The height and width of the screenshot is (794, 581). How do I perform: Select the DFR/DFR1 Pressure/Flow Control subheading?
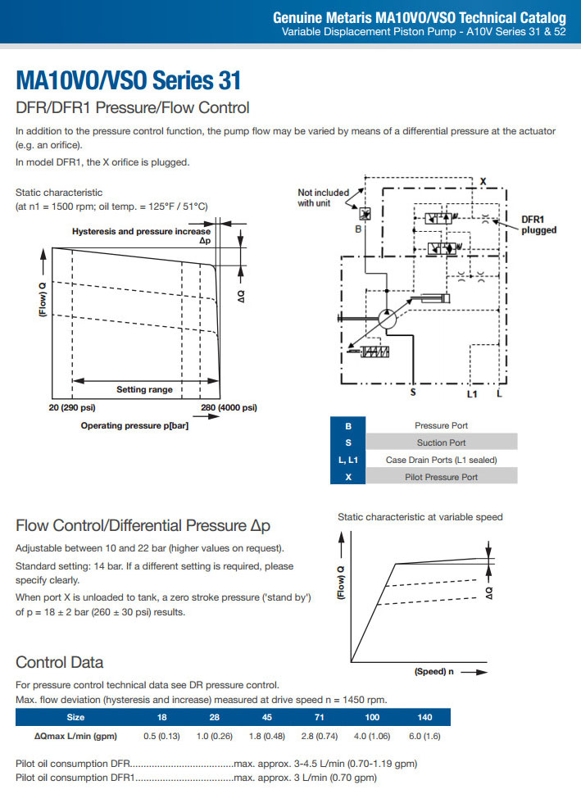pyautogui.click(x=132, y=108)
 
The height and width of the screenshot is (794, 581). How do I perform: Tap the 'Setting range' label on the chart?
pyautogui.click(x=144, y=389)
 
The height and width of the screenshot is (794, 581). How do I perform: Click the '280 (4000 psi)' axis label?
pyautogui.click(x=229, y=407)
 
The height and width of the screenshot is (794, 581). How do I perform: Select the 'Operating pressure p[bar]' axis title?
pyautogui.click(x=134, y=425)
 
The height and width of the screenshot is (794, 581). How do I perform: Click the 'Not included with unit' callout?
pyautogui.click(x=323, y=197)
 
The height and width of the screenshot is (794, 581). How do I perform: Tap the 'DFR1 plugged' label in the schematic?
pyautogui.click(x=538, y=225)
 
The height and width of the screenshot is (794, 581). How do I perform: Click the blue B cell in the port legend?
pyautogui.click(x=348, y=425)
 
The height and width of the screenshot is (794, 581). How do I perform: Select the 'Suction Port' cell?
pyautogui.click(x=442, y=442)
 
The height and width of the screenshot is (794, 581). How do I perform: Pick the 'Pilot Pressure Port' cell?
pyautogui.click(x=442, y=477)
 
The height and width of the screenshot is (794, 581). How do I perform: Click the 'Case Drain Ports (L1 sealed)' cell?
pyautogui.click(x=442, y=460)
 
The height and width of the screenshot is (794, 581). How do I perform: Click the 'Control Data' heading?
pyautogui.click(x=60, y=662)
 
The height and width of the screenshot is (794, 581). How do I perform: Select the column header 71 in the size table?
pyautogui.click(x=320, y=717)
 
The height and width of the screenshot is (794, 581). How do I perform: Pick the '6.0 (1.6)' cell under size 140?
pyautogui.click(x=424, y=735)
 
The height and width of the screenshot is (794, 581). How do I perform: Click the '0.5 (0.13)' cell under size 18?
pyautogui.click(x=161, y=735)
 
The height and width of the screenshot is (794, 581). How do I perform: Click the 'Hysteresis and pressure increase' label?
pyautogui.click(x=140, y=231)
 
